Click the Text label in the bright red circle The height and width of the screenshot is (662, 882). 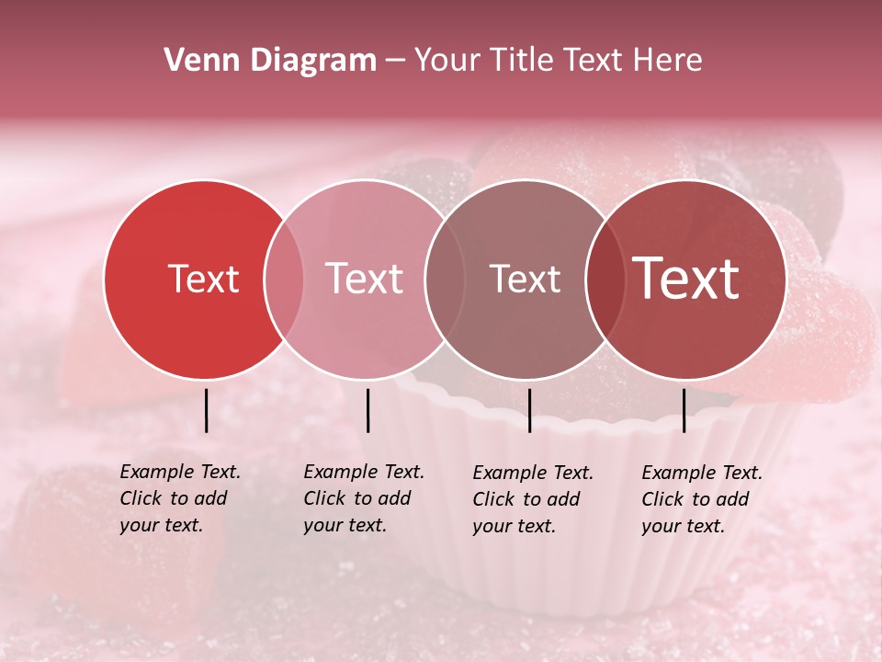point(203,279)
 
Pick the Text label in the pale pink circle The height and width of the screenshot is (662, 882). point(364,279)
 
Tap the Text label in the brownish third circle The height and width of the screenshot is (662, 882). point(525,279)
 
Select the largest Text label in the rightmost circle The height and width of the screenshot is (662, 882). point(686,279)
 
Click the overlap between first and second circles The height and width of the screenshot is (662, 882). point(284,280)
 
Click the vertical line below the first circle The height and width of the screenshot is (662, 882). point(206,410)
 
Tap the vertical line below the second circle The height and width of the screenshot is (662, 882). point(367,410)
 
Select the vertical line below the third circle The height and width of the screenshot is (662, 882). point(529,410)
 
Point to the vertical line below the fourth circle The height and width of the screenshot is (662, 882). point(684,410)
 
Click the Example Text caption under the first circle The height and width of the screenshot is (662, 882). point(180,498)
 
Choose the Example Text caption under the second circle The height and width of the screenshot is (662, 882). point(364,498)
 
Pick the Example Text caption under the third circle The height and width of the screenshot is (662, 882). point(533,499)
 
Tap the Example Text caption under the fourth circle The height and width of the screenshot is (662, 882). point(702,499)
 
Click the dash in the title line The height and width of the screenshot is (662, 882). point(395,62)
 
